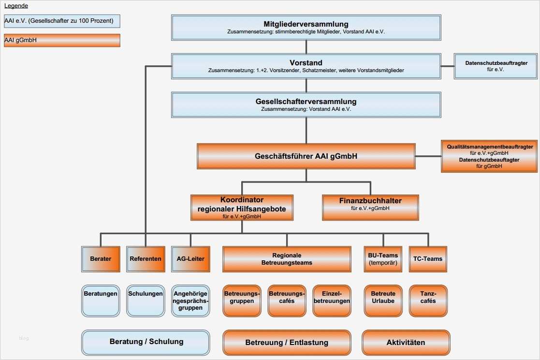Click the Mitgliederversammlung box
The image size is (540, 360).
click(306, 27)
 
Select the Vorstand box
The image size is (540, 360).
click(306, 66)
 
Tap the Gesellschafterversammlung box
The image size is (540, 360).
click(306, 105)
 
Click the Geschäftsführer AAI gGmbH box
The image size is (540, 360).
click(306, 156)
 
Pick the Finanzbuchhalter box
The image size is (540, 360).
click(370, 207)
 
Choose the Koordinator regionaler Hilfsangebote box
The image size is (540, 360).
click(242, 208)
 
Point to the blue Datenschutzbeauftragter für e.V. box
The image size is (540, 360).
click(496, 66)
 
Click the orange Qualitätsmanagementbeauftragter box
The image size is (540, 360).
click(489, 156)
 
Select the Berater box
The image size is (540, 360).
click(101, 259)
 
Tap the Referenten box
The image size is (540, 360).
click(146, 259)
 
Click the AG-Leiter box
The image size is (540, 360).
click(190, 259)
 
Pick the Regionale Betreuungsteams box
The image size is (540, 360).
click(287, 259)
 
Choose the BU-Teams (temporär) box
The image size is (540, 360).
click(382, 259)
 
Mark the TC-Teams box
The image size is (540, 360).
click(428, 259)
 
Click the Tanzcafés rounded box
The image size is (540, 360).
click(428, 300)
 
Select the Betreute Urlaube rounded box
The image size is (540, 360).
click(383, 300)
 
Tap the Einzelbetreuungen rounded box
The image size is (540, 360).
click(332, 300)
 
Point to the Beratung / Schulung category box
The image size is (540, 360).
click(146, 342)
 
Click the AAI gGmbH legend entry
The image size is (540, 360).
click(61, 40)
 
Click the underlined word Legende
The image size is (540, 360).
click(16, 6)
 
